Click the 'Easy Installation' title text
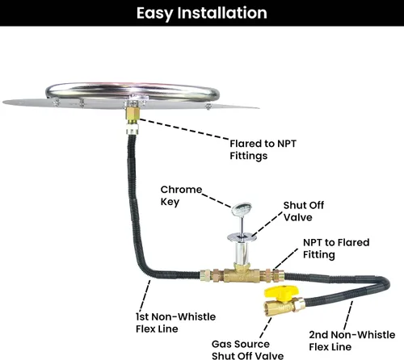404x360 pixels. tap(202, 13)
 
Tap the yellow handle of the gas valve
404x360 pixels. tap(281, 293)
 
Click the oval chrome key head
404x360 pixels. tap(242, 209)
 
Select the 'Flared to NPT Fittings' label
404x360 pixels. tap(263, 149)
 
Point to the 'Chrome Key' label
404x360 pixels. tap(181, 195)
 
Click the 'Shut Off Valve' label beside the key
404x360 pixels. tap(304, 211)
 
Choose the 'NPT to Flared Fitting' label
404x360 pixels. tap(336, 249)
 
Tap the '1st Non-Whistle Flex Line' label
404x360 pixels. tap(175, 323)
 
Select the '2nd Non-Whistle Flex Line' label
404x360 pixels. tap(352, 341)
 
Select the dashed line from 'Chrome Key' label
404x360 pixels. tap(217, 200)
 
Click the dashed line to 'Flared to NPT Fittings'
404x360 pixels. tap(183, 129)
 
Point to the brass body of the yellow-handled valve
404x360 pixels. tap(280, 306)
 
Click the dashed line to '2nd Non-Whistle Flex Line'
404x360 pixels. tap(348, 316)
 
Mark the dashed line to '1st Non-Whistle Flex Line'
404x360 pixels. tap(145, 296)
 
